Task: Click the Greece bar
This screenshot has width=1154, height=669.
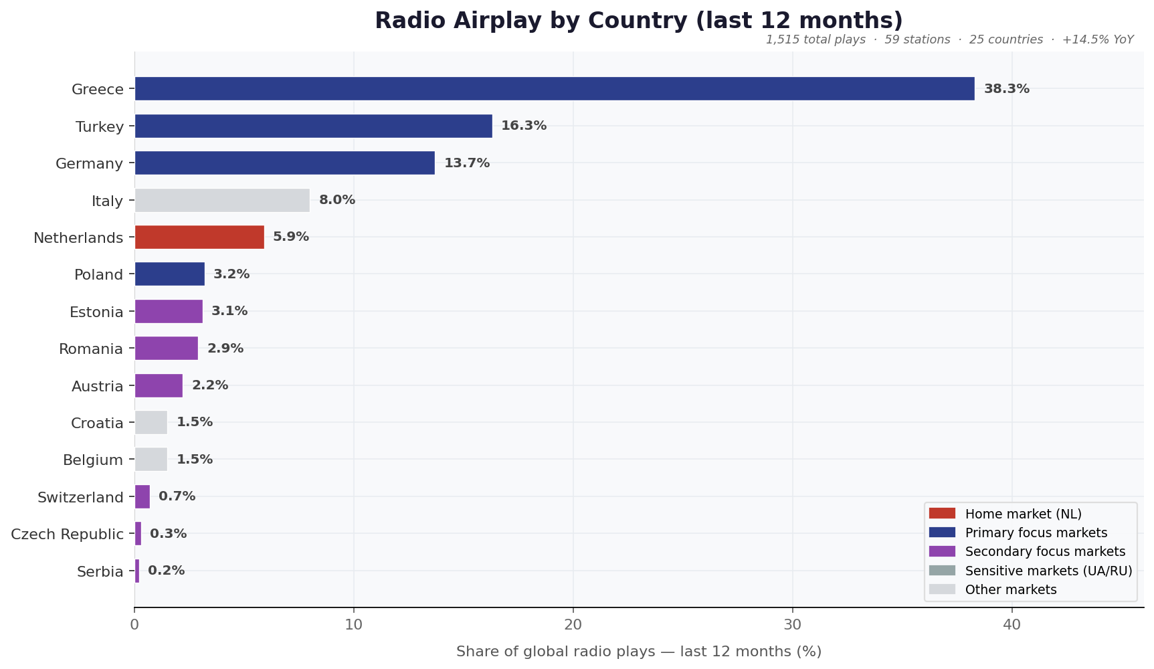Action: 554,89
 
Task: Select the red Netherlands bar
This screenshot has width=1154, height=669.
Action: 199,237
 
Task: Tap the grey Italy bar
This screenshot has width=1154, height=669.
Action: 222,201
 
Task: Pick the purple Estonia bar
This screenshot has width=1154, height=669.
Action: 169,312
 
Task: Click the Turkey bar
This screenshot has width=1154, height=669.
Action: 313,126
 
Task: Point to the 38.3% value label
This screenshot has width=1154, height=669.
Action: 1006,89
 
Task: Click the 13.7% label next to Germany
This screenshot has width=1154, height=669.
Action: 467,163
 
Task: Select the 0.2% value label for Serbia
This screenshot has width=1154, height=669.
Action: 166,571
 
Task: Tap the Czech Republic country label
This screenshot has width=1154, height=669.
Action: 68,535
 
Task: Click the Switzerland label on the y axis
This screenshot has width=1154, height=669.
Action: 80,497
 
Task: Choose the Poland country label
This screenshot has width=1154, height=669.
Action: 99,275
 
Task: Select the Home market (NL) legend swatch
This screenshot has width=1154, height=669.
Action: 942,514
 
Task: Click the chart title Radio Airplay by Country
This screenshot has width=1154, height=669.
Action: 638,21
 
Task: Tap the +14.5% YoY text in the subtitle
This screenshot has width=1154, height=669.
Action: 1097,39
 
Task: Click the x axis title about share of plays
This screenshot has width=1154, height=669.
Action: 638,652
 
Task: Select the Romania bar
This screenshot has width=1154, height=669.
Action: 166,349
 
